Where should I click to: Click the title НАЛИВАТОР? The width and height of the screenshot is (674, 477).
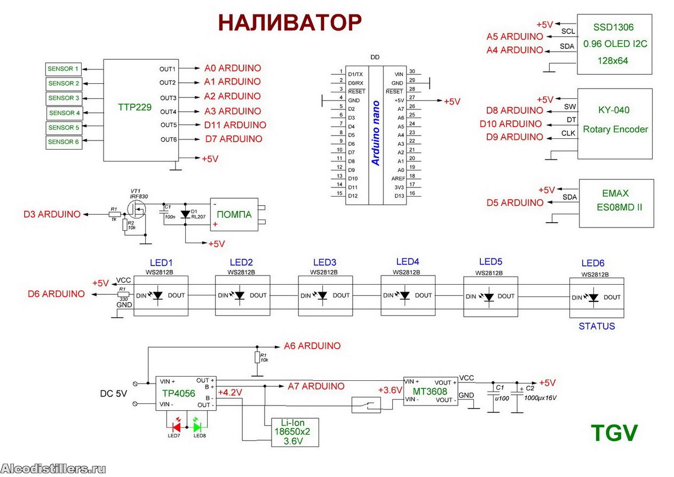290,23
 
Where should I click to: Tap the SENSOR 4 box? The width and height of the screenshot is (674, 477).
64,113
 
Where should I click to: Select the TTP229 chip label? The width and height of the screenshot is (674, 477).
134,107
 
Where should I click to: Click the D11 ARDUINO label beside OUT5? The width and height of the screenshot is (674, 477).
235,125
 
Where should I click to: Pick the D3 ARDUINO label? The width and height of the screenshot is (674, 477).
52,214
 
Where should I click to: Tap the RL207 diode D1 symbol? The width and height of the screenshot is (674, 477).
185,214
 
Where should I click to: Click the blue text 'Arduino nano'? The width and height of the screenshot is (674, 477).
376,133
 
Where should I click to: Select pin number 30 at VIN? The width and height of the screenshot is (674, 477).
411,72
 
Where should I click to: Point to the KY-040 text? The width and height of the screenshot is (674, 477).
614,110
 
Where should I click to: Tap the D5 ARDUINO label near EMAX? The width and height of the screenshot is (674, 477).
515,203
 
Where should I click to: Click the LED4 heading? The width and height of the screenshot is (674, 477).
408,262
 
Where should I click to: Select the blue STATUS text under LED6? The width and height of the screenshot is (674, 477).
597,326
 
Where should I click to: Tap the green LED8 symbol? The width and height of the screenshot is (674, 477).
197,427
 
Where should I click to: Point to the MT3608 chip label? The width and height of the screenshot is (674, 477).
430,392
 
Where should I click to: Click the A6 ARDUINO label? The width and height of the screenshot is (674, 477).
312,346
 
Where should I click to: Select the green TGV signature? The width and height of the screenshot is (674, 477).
614,433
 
